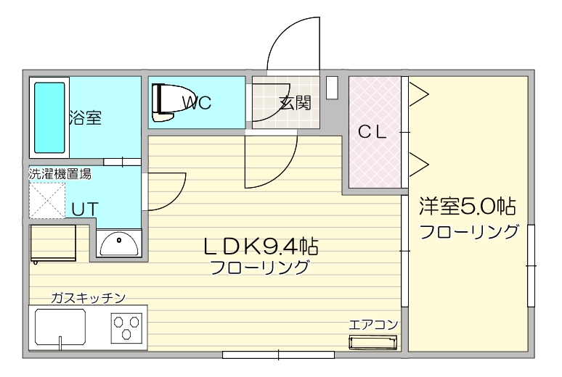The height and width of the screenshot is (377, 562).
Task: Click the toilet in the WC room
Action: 163,103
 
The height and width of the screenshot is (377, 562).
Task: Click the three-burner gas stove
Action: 127,328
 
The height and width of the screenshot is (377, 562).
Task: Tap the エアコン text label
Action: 373,325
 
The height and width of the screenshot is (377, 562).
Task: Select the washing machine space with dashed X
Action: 47,201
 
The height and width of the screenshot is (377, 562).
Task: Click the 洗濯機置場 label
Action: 60,174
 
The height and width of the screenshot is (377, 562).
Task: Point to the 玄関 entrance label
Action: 294,103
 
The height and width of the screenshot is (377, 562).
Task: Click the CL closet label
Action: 375,132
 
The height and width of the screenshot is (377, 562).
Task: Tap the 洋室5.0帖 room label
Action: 467,208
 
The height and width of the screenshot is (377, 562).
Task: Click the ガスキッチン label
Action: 89,298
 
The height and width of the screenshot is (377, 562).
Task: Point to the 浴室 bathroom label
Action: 85,118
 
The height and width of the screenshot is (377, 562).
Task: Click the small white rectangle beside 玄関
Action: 333,87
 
